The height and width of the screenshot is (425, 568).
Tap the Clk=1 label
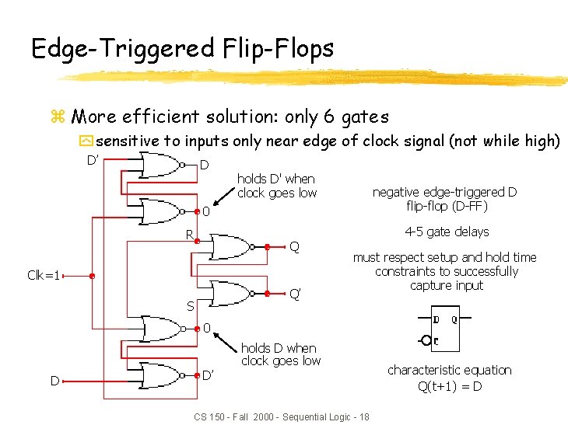click(44, 275)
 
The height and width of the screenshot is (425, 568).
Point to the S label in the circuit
click(189, 306)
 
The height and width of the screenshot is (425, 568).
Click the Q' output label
click(295, 294)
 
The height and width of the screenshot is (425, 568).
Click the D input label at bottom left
click(54, 381)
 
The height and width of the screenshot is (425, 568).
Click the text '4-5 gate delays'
click(447, 232)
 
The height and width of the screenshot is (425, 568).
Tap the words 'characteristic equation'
click(450, 370)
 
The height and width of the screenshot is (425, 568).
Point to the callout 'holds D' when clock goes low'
click(276, 186)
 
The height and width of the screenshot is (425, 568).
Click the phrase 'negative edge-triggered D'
click(444, 192)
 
